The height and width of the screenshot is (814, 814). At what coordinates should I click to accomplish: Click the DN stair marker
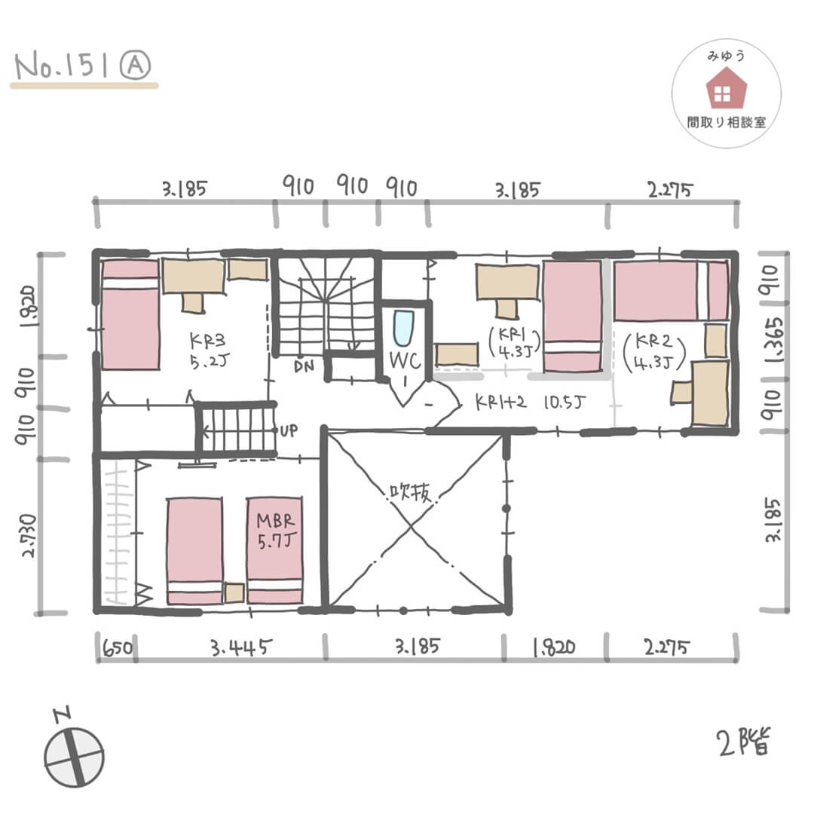point(305,367)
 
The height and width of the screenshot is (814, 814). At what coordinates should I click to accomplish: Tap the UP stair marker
point(289,431)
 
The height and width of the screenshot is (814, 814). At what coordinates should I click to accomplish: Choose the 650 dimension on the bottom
point(116,647)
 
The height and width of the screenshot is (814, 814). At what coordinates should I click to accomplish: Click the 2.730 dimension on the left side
point(29,536)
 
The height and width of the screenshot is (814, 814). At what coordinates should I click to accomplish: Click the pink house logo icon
point(726,88)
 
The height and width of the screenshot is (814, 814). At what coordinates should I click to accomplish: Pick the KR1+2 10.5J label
point(532,402)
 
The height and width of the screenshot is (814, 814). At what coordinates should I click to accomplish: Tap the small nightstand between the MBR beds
point(234,592)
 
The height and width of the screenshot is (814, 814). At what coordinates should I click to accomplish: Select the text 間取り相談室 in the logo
point(726,122)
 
